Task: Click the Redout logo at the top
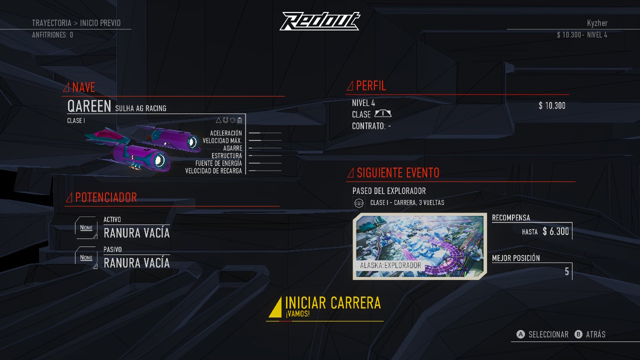coord(319,21)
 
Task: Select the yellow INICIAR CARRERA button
coord(325,307)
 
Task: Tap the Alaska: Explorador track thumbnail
coord(419,246)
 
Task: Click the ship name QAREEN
coord(89,106)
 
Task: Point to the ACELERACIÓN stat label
coord(225,133)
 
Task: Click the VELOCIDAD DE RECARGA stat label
coord(213,171)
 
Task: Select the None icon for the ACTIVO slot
coord(86,227)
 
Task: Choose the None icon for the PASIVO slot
coord(86,257)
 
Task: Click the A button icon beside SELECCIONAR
coord(520,334)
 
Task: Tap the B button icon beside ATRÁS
coord(578,334)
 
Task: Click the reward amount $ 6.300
coord(555,231)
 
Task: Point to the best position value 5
coord(567,271)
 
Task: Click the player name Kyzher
coord(597,23)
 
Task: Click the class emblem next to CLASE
coord(383,113)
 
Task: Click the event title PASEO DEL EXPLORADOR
coord(389,191)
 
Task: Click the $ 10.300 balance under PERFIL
coord(552,105)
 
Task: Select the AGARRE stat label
coord(232,148)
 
